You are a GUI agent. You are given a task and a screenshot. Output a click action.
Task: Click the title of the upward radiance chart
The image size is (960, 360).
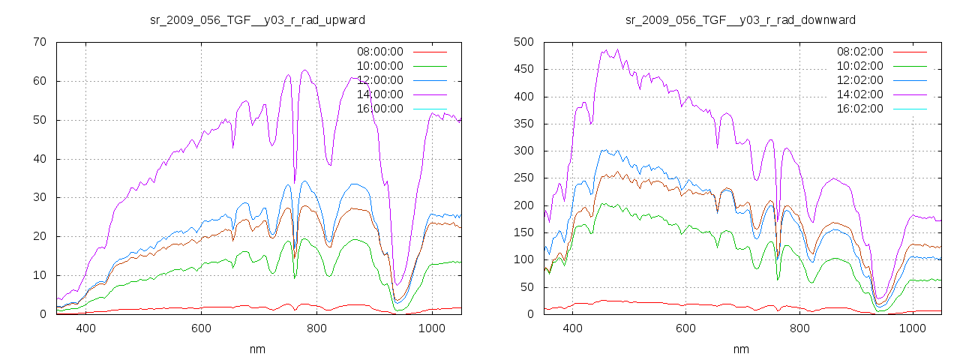pos(258,19)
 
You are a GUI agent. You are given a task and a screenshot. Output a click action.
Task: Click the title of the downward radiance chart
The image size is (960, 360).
pos(740,19)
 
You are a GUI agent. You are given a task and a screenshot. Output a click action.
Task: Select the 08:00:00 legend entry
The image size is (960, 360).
pos(379,52)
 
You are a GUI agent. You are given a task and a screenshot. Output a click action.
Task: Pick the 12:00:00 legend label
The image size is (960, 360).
pos(379,80)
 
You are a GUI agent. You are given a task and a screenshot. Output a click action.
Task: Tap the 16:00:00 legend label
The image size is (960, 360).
pos(379,109)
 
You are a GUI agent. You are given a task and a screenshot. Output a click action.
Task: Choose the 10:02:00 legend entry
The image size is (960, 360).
pos(860,66)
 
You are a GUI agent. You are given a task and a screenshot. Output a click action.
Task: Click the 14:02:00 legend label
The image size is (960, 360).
pos(860,94)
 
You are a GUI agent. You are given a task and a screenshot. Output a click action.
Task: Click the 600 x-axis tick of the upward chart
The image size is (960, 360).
pos(201,328)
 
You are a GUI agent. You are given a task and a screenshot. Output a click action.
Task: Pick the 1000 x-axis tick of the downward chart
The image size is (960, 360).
pos(912,328)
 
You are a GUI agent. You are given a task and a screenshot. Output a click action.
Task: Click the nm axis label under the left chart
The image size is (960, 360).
pos(258,349)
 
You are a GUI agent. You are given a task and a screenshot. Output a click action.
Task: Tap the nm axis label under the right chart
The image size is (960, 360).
pos(741,349)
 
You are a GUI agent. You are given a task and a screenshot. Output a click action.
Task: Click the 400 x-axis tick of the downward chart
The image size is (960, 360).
pos(573,328)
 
